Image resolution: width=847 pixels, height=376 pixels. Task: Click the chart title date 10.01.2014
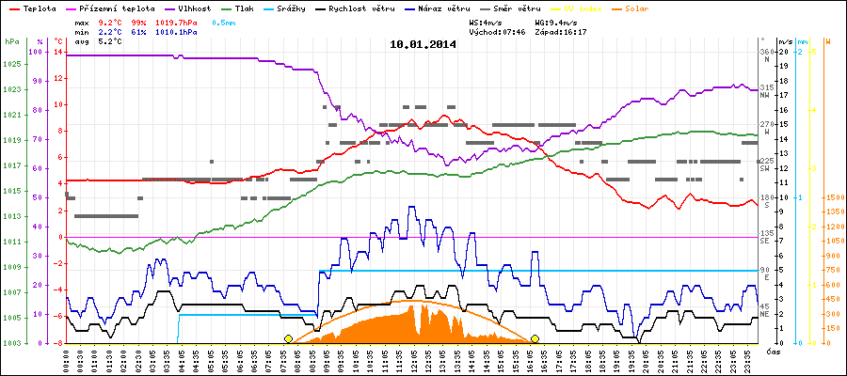pos(423,44)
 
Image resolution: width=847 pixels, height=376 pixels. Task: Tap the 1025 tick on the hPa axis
pos(11,64)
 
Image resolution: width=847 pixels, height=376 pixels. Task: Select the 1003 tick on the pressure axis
pos(11,343)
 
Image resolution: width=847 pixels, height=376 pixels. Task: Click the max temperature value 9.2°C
pos(111,20)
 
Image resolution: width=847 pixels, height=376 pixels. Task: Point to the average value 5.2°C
pos(111,41)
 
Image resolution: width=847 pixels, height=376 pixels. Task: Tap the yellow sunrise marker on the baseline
pos(288,338)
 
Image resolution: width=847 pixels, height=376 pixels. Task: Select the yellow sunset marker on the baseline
pos(535,338)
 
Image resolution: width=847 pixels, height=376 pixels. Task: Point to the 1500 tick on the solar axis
pos(834,198)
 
